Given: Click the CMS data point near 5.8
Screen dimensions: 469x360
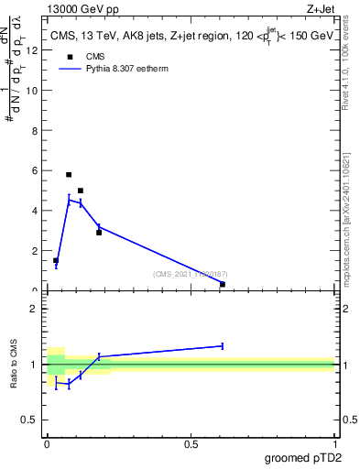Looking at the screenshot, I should (x=69, y=174).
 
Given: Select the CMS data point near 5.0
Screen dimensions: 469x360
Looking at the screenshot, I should (x=81, y=191).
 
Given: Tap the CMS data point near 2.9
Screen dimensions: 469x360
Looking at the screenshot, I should (x=99, y=233).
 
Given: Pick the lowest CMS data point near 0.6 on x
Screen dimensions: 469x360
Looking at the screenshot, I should (x=223, y=284).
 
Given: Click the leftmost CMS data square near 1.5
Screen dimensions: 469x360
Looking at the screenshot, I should (x=56, y=260).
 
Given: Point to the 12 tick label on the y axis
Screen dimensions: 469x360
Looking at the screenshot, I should (x=34, y=50).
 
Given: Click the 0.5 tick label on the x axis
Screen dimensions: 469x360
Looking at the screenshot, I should (x=191, y=444).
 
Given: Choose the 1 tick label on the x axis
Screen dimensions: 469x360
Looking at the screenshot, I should (x=335, y=444).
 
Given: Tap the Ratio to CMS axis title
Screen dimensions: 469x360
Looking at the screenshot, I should (x=14, y=366).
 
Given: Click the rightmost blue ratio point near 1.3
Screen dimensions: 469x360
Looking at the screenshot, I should (x=223, y=346).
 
